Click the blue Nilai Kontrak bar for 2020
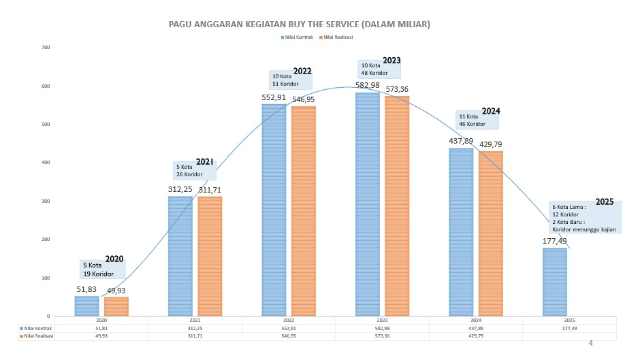pyautogui.click(x=86, y=306)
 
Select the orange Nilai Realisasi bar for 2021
pyautogui.click(x=210, y=257)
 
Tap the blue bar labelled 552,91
pyautogui.click(x=274, y=210)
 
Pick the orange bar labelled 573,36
pyautogui.click(x=397, y=206)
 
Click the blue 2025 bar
pyautogui.click(x=555, y=282)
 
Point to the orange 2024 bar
pyautogui.click(x=491, y=233)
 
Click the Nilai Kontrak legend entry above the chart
pyautogui.click(x=297, y=37)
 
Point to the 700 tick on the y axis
pyautogui.click(x=46, y=48)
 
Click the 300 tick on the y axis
pyautogui.click(x=46, y=201)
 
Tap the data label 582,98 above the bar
pyautogui.click(x=368, y=85)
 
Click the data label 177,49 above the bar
pyautogui.click(x=555, y=241)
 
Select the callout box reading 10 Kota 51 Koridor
pyautogui.click(x=290, y=80)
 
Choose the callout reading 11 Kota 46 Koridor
pyautogui.click(x=477, y=120)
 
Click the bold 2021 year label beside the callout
pyautogui.click(x=205, y=162)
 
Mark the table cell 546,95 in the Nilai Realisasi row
pyautogui.click(x=289, y=336)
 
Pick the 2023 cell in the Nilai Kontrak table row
pyautogui.click(x=382, y=328)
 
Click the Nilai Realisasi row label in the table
pyautogui.click(x=36, y=336)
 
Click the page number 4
pyautogui.click(x=590, y=343)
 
